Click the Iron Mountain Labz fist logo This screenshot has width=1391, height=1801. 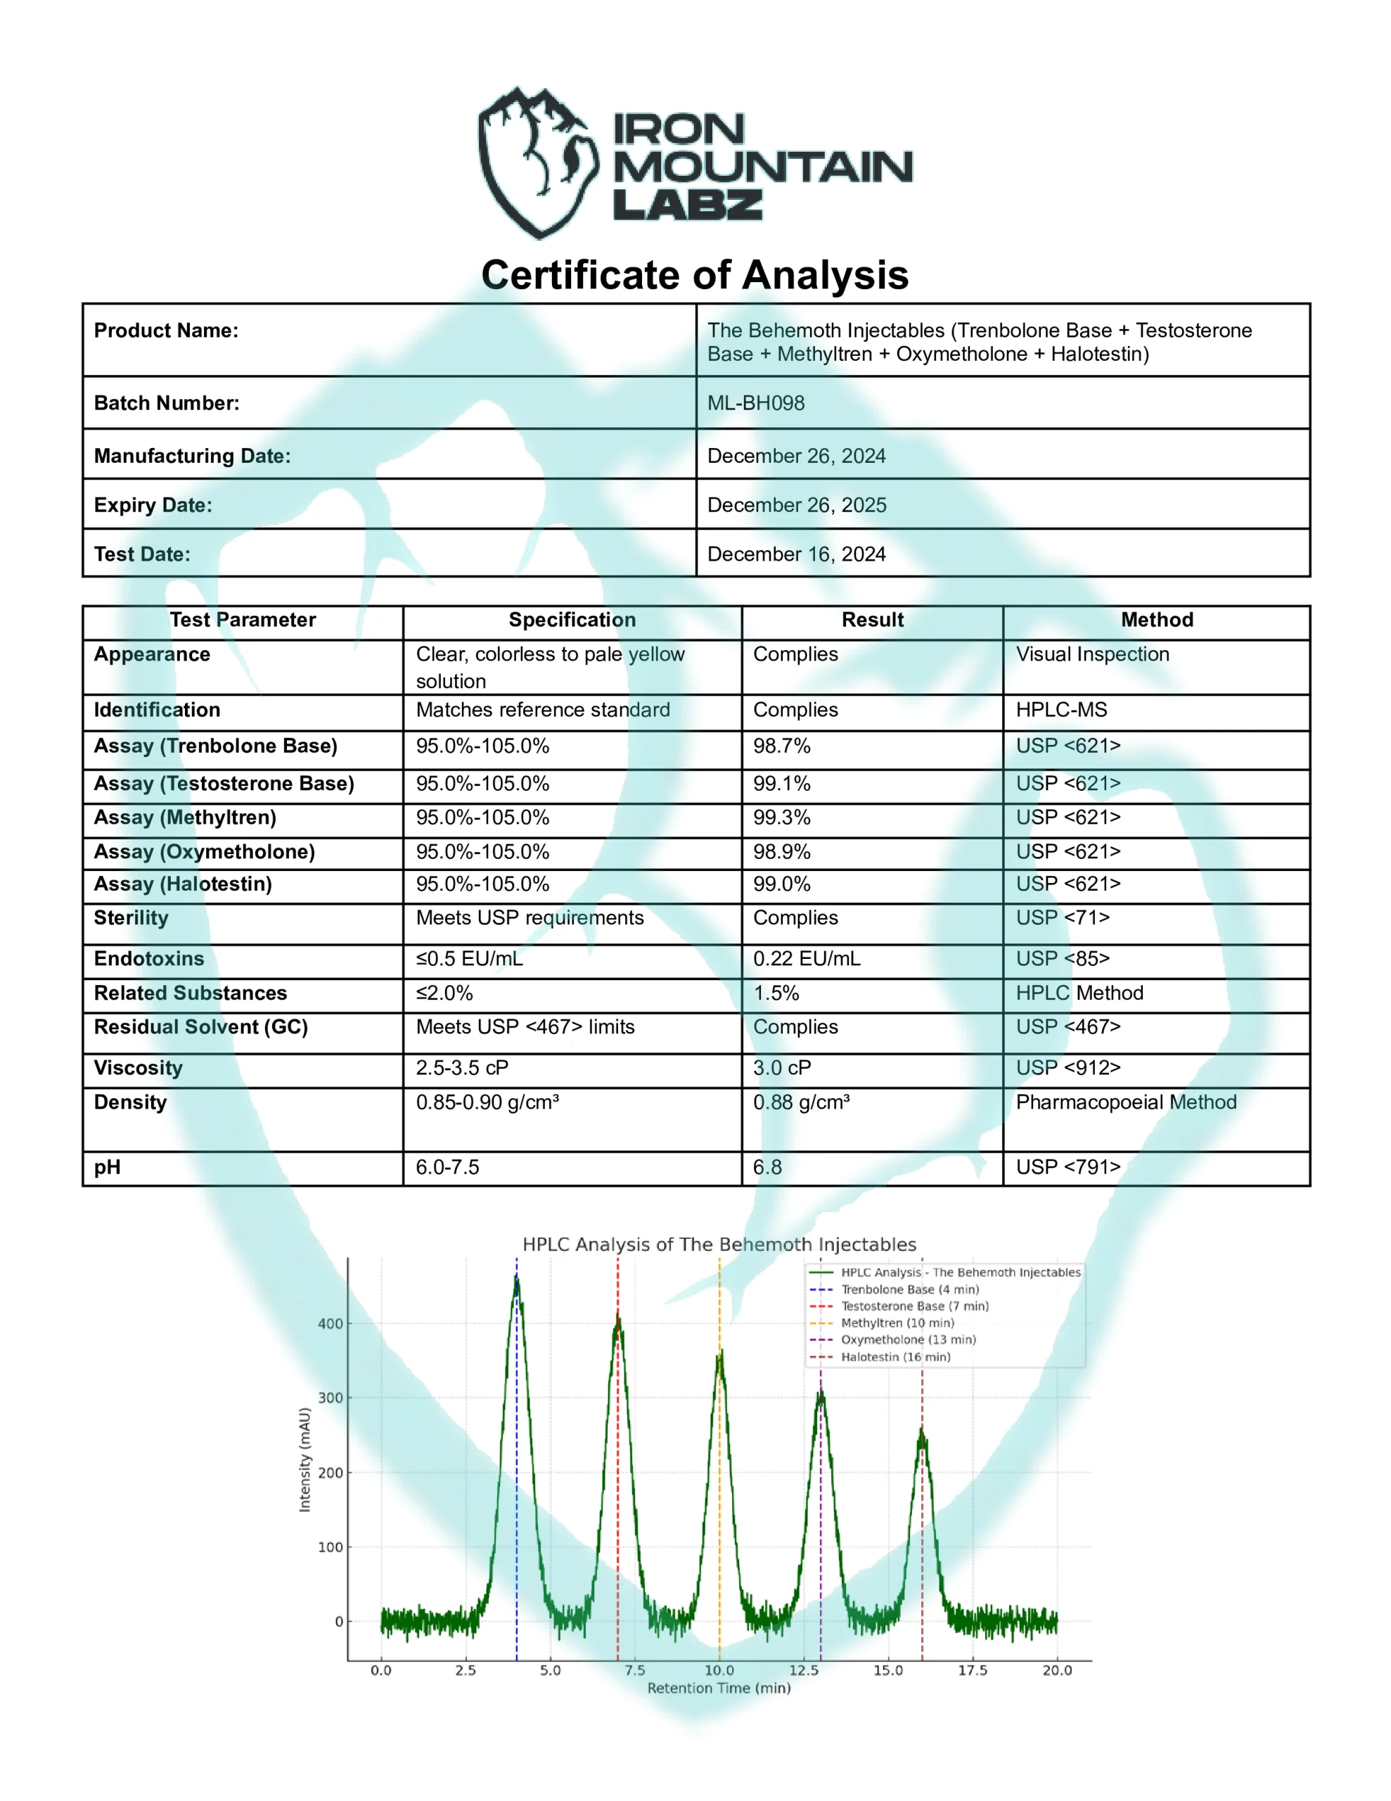[537, 163]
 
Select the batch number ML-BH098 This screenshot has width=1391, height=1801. [755, 403]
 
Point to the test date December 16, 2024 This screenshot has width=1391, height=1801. [795, 554]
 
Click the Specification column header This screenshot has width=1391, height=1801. [572, 620]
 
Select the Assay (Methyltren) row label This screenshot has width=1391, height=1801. [185, 817]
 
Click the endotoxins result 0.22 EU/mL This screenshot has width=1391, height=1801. [806, 959]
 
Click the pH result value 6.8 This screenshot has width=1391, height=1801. [767, 1167]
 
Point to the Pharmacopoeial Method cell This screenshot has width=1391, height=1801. [1125, 1102]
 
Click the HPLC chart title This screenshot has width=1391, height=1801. [719, 1245]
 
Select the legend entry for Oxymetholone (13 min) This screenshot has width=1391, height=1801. [907, 1339]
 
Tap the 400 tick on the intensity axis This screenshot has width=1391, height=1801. [330, 1323]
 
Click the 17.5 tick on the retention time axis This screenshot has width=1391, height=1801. [972, 1670]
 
